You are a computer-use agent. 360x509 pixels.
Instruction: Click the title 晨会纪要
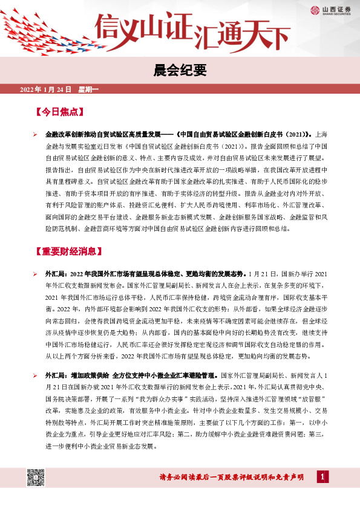pos(180,71)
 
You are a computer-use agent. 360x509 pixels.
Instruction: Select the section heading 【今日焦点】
pos(59,112)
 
